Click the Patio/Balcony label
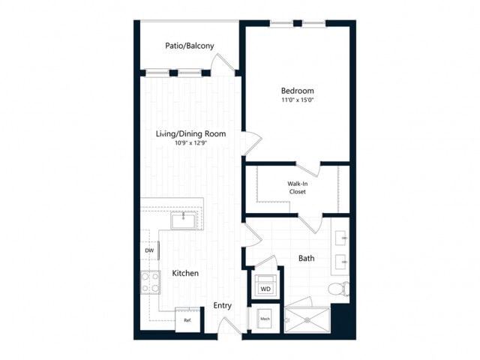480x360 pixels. [x=190, y=46]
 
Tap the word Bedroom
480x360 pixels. [x=297, y=91]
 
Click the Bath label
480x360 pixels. [x=306, y=258]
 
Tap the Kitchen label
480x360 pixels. [x=185, y=274]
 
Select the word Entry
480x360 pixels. [x=222, y=305]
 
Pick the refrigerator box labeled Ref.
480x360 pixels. [x=187, y=319]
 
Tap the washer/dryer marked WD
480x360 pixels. [x=265, y=287]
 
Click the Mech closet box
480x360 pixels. [x=265, y=319]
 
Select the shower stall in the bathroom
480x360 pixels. [x=307, y=319]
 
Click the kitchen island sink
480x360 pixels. [x=182, y=220]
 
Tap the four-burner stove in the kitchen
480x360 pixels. [x=149, y=282]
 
